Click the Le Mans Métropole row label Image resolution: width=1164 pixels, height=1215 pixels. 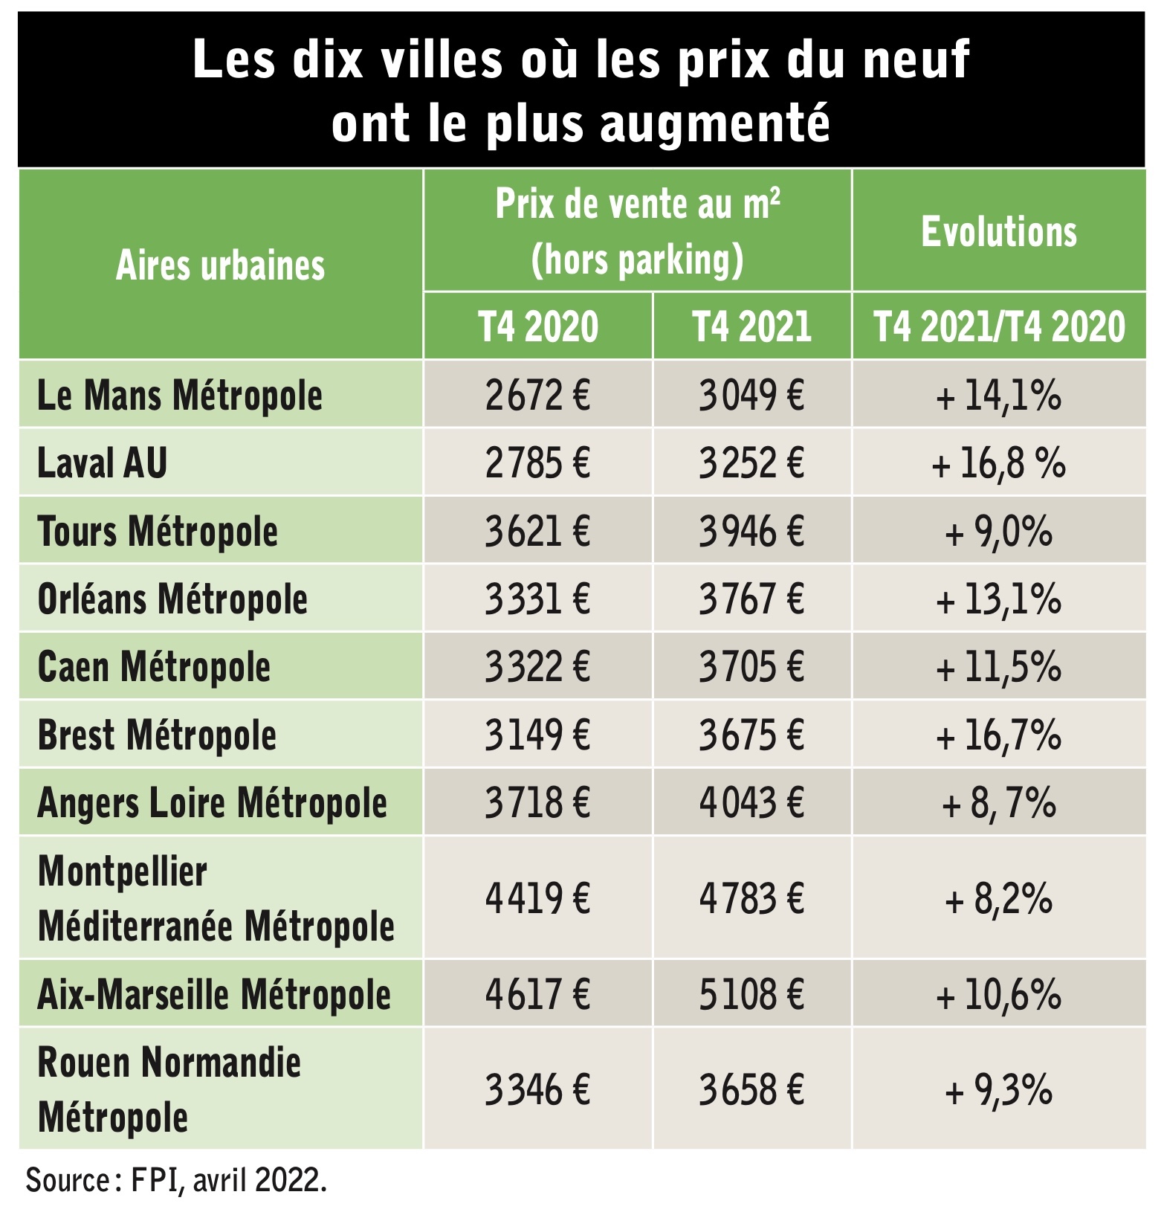click(x=180, y=395)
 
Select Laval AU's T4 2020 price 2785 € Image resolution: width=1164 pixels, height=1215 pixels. click(x=537, y=463)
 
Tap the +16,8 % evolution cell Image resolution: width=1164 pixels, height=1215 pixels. click(x=998, y=463)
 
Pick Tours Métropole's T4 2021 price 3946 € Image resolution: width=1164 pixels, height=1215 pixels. click(x=751, y=531)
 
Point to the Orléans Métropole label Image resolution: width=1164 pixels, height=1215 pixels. click(x=172, y=599)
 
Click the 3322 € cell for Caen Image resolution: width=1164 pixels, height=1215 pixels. click(x=537, y=666)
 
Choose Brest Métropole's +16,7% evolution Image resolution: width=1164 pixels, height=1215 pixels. click(x=998, y=735)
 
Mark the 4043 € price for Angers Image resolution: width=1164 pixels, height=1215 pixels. click(x=751, y=802)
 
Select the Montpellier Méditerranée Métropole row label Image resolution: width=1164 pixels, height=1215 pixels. click(x=216, y=898)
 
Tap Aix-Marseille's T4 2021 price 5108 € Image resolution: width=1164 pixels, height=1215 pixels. click(x=751, y=994)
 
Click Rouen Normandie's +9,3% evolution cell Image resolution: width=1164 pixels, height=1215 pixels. click(x=998, y=1090)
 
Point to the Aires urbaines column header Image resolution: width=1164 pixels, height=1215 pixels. click(x=221, y=265)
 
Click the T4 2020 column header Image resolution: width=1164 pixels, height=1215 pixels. click(x=538, y=326)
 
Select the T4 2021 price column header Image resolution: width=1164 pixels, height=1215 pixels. click(x=751, y=326)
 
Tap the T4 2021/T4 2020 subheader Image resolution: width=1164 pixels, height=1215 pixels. click(x=999, y=326)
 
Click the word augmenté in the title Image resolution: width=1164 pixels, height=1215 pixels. click(x=715, y=123)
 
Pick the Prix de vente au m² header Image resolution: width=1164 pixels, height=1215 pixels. click(x=638, y=204)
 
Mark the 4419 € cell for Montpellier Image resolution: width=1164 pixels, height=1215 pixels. click(x=537, y=897)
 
